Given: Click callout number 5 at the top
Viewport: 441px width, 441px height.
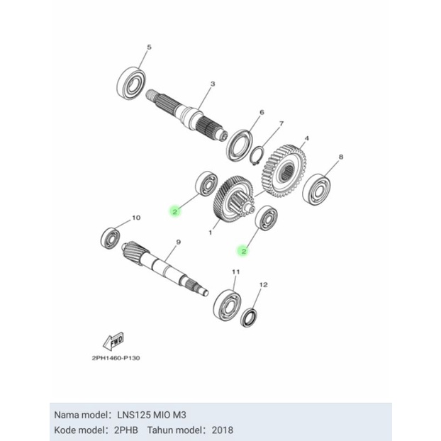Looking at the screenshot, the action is tap(149, 47).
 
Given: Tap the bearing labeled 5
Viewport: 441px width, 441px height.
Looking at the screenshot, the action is tap(131, 83).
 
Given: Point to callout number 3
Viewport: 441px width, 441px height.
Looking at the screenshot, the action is tap(213, 84).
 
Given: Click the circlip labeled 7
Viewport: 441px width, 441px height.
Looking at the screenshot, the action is tap(257, 155).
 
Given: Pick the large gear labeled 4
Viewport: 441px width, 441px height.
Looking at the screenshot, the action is tap(284, 171).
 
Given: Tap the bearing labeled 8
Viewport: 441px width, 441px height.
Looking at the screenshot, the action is tap(316, 189).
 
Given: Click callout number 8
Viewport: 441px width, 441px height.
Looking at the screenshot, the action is tap(341, 157).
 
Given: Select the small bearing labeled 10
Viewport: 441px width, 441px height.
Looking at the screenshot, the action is tap(111, 238).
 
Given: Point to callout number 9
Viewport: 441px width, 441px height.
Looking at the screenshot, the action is tap(178, 242).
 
